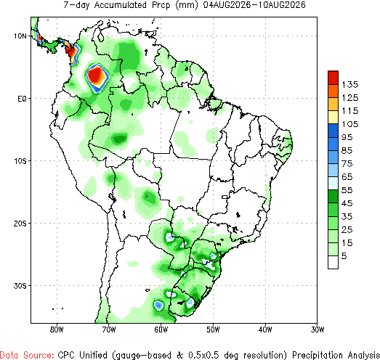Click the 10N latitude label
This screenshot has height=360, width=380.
[20, 36]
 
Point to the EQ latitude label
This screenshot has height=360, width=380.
[22, 99]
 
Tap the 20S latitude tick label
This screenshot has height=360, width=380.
[20, 224]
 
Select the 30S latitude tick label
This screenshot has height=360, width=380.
[20, 286]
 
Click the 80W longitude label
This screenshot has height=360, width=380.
[57, 330]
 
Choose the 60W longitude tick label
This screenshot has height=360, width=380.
[161, 330]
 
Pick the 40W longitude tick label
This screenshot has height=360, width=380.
[265, 330]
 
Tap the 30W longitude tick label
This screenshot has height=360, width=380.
[318, 330]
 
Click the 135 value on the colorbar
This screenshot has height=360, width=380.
[350, 85]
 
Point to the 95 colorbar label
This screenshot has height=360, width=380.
[347, 137]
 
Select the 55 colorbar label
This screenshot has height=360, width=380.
[347, 190]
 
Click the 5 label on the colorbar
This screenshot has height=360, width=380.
[344, 256]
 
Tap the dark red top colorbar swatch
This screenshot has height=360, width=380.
[333, 78]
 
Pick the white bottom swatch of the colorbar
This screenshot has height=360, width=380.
[333, 262]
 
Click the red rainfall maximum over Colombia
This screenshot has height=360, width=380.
[95, 75]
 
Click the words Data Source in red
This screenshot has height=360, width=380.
[27, 355]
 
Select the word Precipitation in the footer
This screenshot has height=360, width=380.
[318, 355]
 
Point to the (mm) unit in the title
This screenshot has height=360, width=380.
[187, 5]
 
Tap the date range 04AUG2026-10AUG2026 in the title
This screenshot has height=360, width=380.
[254, 5]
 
